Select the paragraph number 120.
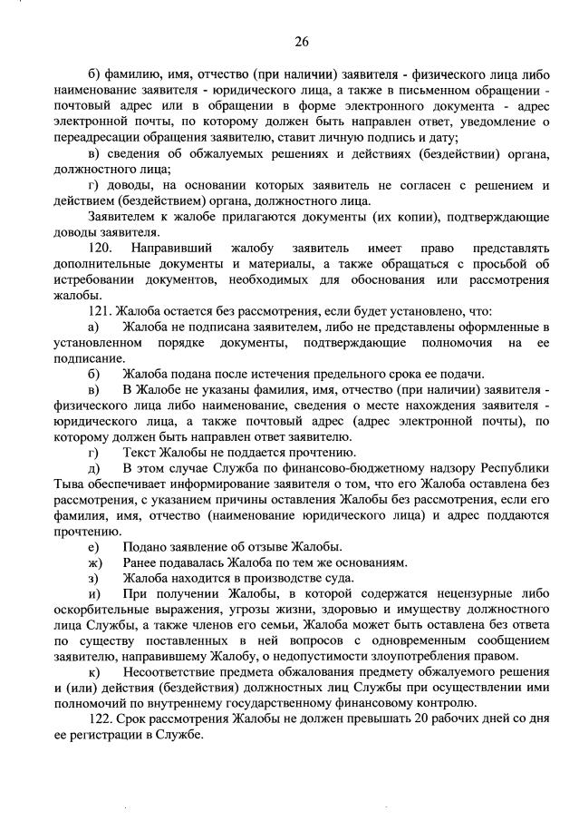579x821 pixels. click(101, 248)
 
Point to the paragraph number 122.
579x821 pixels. click(101, 719)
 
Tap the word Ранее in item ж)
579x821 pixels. click(143, 562)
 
